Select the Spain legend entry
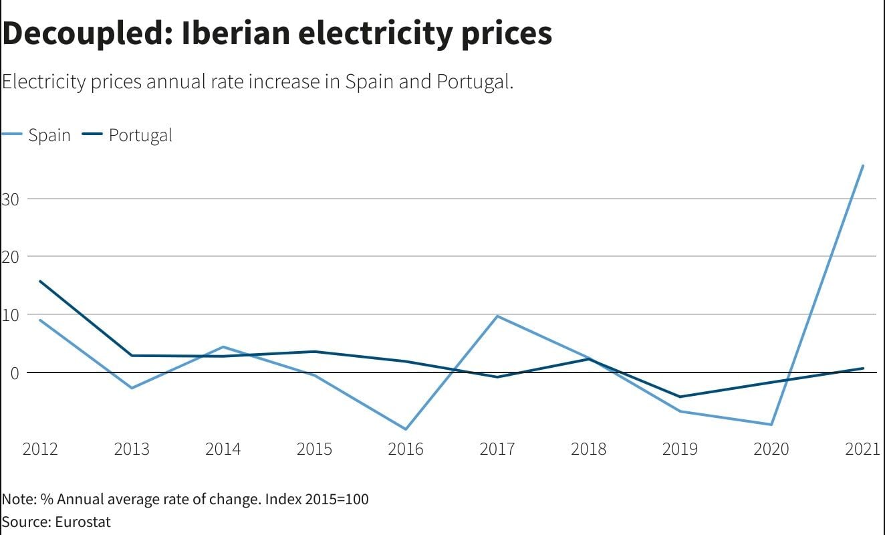(x=49, y=135)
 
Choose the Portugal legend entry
(x=140, y=135)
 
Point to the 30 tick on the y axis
(x=10, y=199)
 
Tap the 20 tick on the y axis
(x=10, y=256)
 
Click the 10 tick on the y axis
(x=10, y=314)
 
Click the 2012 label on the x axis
(x=40, y=449)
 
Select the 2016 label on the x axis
(x=406, y=449)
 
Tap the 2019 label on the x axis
(x=680, y=449)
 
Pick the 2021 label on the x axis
(x=862, y=449)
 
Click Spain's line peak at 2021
(x=863, y=165)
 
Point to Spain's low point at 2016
(x=406, y=429)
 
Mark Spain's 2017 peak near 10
(x=497, y=316)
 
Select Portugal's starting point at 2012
(x=40, y=281)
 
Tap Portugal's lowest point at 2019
(x=680, y=397)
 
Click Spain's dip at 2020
(x=771, y=425)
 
